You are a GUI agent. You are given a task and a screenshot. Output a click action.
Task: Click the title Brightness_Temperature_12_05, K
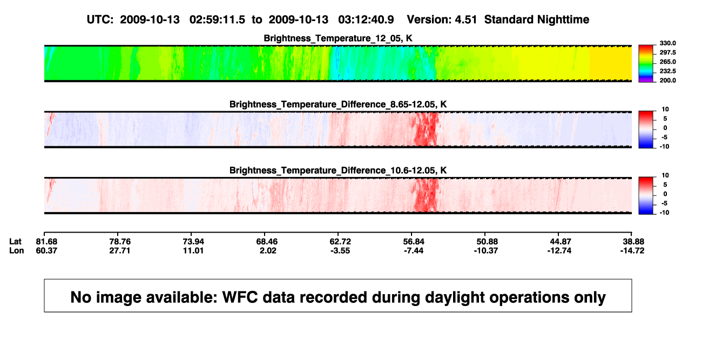click(x=338, y=38)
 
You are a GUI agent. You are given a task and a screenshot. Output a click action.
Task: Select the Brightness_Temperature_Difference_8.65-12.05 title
click(x=338, y=104)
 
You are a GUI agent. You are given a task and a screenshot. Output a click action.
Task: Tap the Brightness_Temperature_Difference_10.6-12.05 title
click(x=338, y=171)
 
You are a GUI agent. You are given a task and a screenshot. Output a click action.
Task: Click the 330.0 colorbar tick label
click(x=667, y=43)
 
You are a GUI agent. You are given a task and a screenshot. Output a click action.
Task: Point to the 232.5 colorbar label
click(x=667, y=71)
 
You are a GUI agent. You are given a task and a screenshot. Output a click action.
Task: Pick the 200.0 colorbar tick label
click(x=667, y=80)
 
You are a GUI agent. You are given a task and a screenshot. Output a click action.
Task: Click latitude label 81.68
click(x=46, y=242)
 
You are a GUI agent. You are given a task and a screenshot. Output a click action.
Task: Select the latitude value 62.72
click(x=340, y=242)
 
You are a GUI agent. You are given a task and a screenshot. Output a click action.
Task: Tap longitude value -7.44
click(x=414, y=250)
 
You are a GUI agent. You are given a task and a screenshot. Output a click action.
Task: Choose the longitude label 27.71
click(x=120, y=250)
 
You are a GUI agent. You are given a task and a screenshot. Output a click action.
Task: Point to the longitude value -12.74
click(x=559, y=250)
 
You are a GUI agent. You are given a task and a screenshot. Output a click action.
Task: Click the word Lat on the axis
click(x=15, y=242)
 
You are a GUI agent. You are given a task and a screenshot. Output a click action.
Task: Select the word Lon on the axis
click(x=17, y=250)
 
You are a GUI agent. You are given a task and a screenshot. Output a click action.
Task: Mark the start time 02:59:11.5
click(x=217, y=19)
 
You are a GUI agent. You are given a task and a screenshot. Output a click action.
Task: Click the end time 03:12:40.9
click(x=366, y=19)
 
